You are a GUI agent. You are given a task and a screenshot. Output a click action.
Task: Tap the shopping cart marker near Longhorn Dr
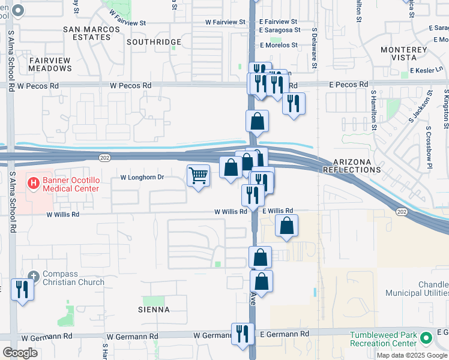click(x=199, y=176)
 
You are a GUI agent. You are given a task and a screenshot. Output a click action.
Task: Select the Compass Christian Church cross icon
click(x=33, y=277)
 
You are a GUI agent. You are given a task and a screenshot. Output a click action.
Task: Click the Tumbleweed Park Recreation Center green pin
click(x=426, y=338)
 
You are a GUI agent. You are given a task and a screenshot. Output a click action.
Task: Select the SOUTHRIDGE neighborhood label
click(x=154, y=42)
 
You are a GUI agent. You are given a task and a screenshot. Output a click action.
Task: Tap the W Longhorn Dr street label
click(x=142, y=178)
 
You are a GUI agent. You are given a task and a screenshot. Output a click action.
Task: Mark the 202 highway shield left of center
click(x=104, y=157)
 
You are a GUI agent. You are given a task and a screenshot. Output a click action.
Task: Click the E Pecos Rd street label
click(x=348, y=85)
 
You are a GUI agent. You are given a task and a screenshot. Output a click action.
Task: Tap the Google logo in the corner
click(x=20, y=353)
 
